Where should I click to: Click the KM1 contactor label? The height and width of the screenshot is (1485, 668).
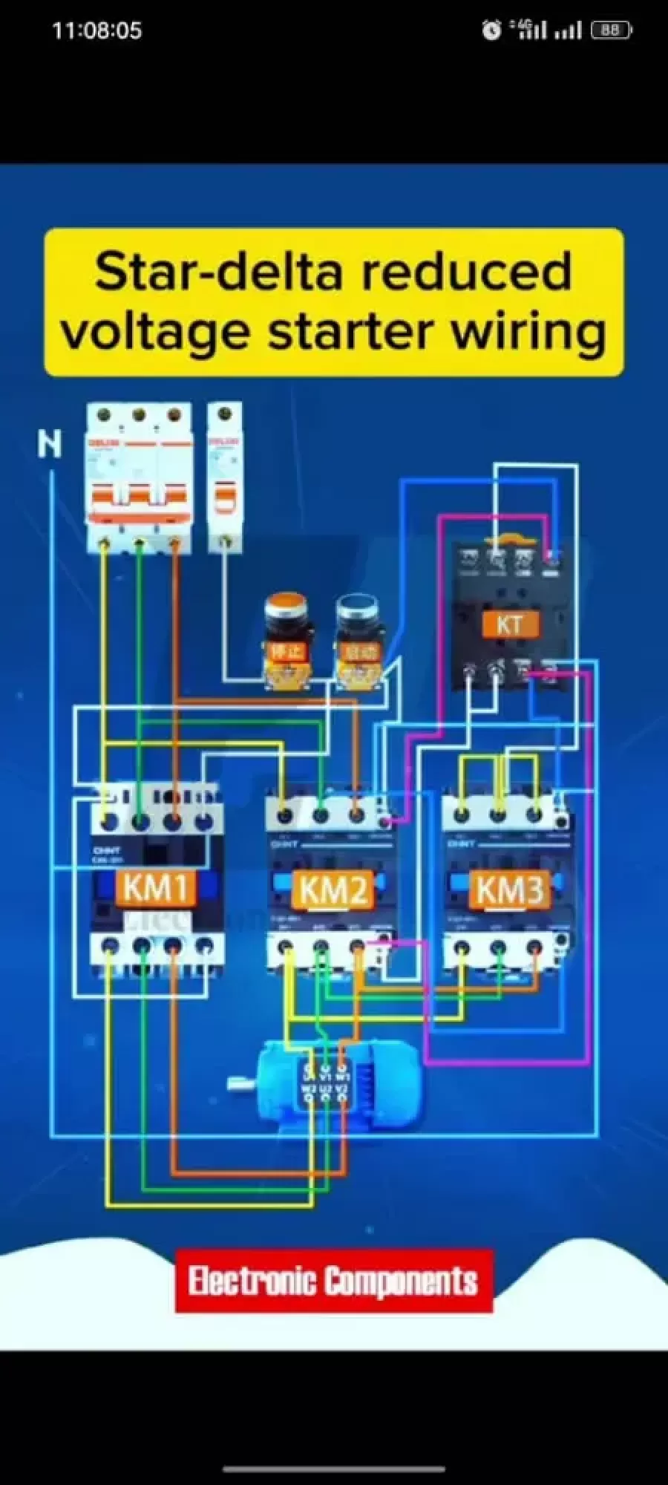[155, 888]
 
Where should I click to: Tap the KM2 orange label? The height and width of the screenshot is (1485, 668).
[333, 890]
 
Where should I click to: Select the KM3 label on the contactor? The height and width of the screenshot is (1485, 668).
[510, 890]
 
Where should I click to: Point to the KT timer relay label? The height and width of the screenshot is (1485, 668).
[509, 624]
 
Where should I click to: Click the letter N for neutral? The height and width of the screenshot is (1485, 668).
[49, 445]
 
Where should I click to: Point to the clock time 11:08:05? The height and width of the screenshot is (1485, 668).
[96, 30]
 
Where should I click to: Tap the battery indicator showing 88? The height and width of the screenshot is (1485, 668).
[611, 30]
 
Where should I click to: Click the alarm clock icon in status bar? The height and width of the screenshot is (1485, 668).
[491, 30]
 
